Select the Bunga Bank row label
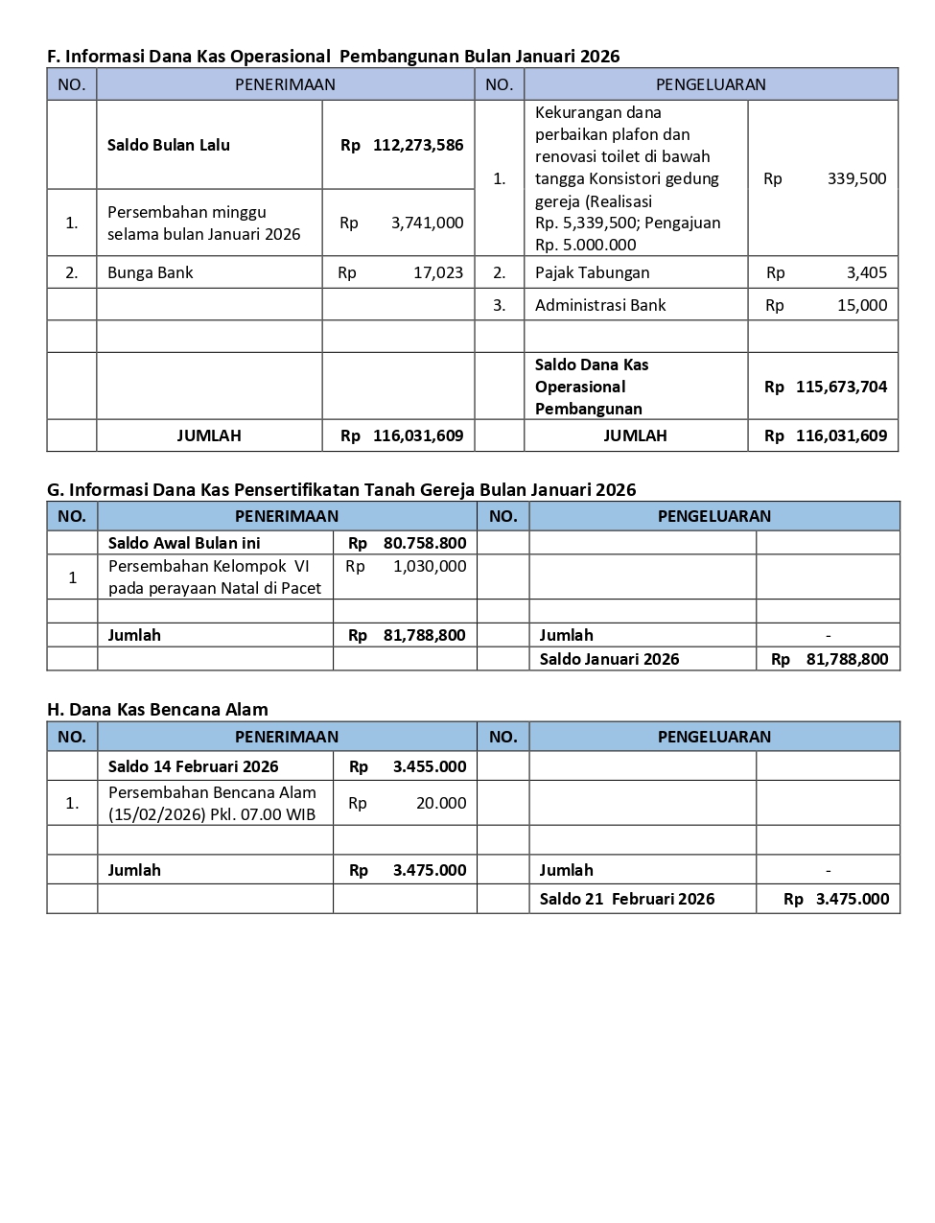click(150, 272)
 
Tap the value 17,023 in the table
click(438, 272)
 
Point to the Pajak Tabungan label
click(592, 272)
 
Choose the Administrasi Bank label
click(600, 305)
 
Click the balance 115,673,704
click(841, 387)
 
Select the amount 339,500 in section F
click(856, 178)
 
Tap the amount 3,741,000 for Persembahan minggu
click(427, 223)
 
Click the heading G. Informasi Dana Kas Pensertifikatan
click(341, 489)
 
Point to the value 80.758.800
click(424, 543)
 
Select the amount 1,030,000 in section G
click(430, 566)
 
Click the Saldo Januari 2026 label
click(609, 659)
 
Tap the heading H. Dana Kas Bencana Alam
click(157, 710)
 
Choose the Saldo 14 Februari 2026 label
click(193, 766)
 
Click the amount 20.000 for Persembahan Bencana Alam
click(441, 803)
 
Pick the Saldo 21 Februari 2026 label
click(626, 899)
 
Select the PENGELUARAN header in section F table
click(711, 84)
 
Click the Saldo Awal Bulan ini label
click(184, 543)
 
